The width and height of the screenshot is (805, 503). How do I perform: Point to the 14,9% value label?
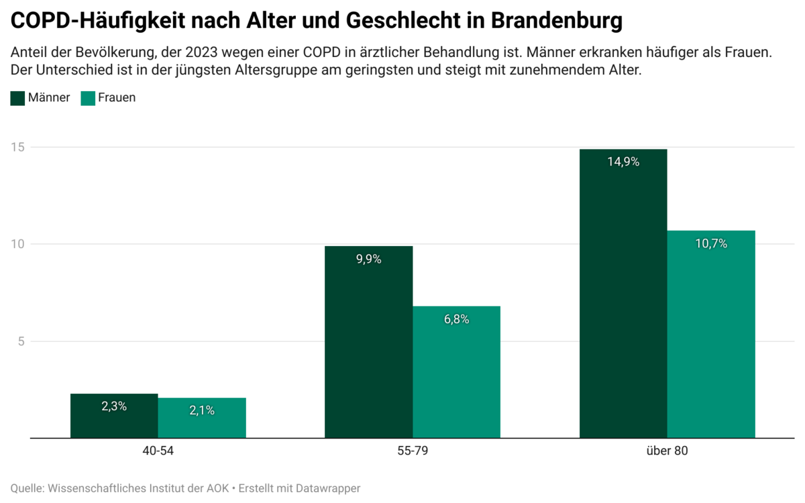point(623,162)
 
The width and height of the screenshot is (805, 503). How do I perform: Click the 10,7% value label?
point(711,243)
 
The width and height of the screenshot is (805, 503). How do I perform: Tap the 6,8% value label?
point(456,319)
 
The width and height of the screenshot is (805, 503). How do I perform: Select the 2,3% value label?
point(114,406)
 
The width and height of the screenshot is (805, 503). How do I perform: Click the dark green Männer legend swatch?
point(17,98)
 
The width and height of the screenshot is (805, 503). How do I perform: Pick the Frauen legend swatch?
point(87,98)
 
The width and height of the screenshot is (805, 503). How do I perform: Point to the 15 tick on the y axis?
point(17,147)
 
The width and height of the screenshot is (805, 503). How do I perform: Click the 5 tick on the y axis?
point(21,341)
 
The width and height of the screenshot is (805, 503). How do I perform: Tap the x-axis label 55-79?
point(413,451)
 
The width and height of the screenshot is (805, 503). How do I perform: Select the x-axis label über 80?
point(667,451)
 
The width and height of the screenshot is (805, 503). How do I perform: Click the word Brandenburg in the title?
point(556,21)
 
